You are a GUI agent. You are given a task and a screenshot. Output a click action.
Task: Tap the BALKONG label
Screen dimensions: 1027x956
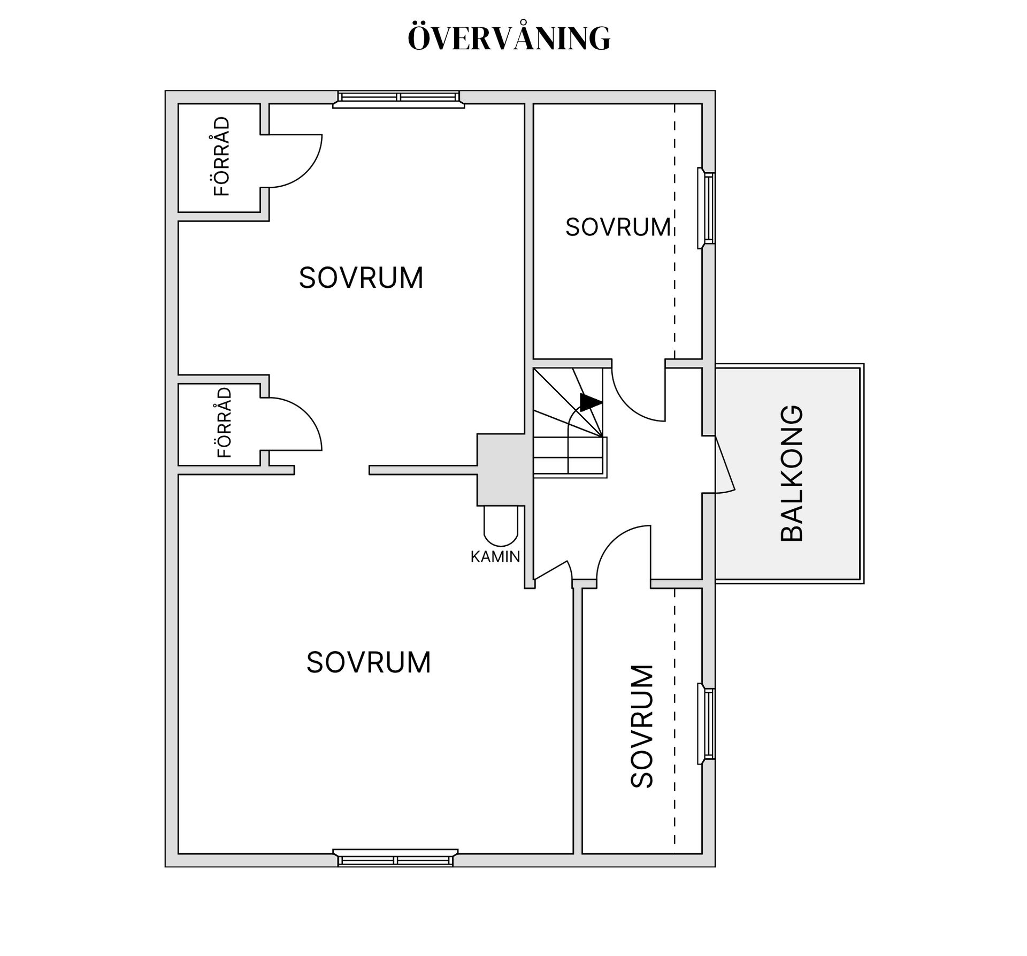click(792, 473)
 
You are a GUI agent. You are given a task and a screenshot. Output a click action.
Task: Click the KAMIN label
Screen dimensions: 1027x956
click(495, 557)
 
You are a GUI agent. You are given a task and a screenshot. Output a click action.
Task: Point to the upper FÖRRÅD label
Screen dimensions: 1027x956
click(221, 156)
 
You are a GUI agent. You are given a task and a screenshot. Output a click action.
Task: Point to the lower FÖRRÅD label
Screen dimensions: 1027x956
click(225, 423)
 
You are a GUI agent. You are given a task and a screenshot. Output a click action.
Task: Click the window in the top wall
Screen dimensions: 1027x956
click(398, 99)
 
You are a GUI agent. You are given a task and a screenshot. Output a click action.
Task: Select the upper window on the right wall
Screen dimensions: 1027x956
click(706, 208)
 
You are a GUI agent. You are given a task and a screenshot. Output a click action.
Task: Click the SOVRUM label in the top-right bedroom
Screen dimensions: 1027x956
click(618, 227)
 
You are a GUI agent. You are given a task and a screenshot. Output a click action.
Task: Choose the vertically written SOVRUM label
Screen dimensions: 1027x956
click(642, 726)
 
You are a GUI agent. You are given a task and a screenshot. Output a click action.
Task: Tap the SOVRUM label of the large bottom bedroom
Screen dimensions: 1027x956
click(369, 662)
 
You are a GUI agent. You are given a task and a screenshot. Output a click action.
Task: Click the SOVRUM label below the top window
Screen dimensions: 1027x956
click(361, 278)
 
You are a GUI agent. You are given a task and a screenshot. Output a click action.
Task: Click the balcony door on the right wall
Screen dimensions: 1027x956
click(725, 463)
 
